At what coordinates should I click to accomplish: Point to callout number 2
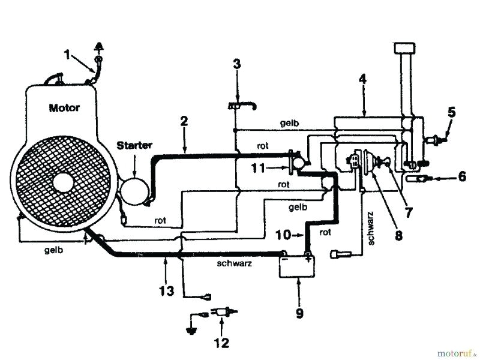tap(184, 121)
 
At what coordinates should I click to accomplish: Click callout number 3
tap(237, 64)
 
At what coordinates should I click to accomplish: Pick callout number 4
tap(362, 78)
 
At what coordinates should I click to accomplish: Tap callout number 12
tap(223, 343)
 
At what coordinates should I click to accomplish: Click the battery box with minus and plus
tap(297, 265)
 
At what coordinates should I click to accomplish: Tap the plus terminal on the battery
tap(308, 259)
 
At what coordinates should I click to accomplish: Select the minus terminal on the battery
tap(286, 259)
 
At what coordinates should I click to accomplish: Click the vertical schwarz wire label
tap(371, 228)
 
